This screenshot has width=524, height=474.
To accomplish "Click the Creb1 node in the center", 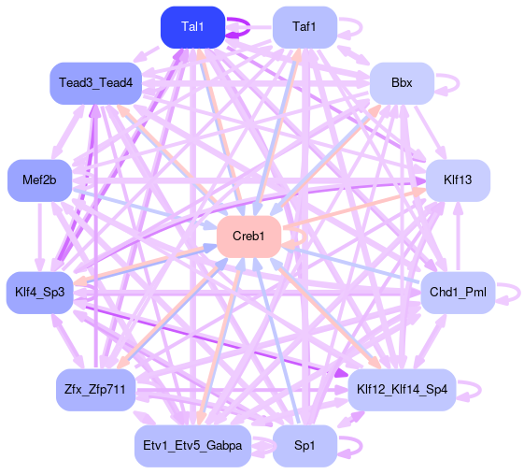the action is (248, 237).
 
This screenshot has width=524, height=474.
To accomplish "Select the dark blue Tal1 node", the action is (192, 27).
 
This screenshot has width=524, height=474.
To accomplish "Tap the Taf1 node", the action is (304, 27).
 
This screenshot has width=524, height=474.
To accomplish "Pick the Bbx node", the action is (402, 83).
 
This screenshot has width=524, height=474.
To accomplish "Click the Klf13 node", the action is (458, 180).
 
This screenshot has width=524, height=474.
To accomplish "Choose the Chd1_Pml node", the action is (458, 293).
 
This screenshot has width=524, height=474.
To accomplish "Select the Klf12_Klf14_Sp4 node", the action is (402, 390).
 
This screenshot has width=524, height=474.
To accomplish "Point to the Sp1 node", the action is (304, 446).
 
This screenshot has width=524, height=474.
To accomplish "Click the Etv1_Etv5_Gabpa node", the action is (192, 446).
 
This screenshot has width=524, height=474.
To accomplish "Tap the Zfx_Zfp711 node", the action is (95, 390).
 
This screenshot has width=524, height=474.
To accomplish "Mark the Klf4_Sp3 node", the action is (40, 293).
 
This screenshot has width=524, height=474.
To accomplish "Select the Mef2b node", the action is (40, 180).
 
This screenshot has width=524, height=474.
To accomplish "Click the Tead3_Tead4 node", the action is (95, 83).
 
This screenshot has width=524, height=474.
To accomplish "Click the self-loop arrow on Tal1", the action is (249, 27).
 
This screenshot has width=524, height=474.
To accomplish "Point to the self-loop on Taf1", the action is (361, 27).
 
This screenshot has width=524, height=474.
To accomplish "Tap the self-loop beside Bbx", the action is (459, 83).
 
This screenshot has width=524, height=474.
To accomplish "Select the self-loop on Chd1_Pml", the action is (519, 293).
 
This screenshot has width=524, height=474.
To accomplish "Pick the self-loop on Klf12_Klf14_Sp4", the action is (480, 389).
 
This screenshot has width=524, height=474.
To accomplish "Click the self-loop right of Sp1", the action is (361, 446).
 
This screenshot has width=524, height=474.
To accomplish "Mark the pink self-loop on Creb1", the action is (305, 237).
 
